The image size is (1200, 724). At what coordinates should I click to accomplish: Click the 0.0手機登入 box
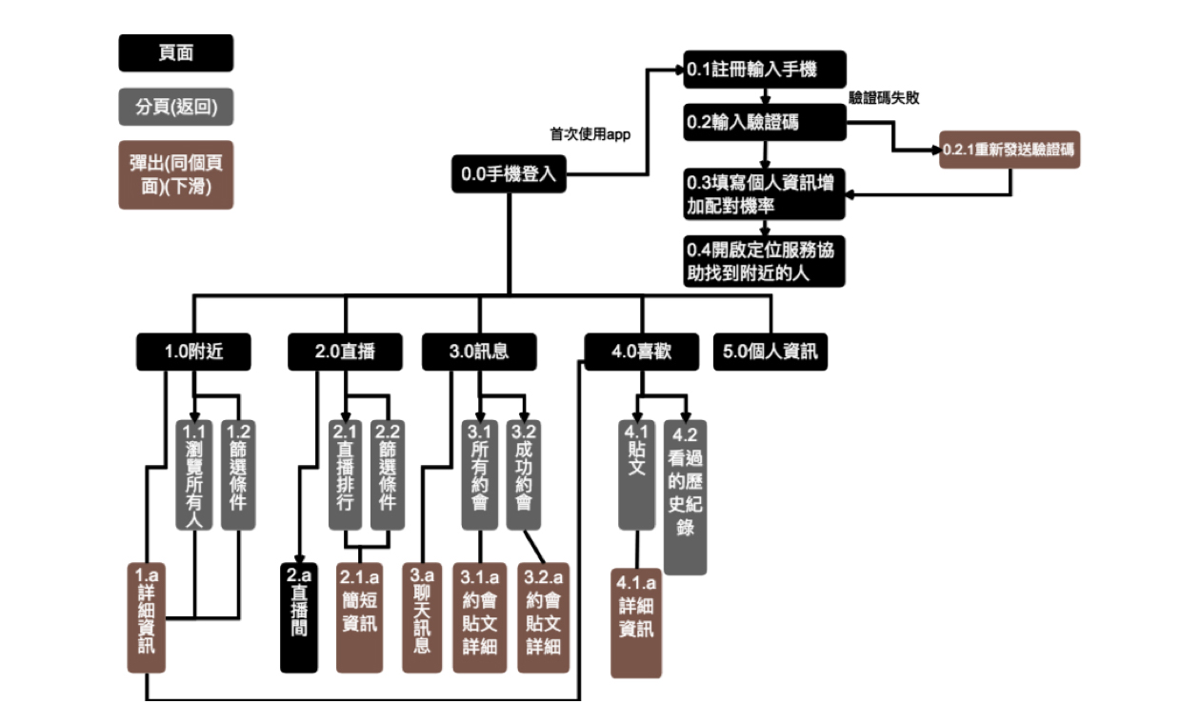[x=508, y=174]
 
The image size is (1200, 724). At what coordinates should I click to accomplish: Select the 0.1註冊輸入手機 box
[x=765, y=70]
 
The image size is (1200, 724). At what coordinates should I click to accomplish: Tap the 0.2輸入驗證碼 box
[x=765, y=122]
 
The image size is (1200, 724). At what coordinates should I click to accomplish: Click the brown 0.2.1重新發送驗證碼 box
[x=1010, y=150]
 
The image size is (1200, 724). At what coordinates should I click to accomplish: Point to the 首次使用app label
[x=590, y=134]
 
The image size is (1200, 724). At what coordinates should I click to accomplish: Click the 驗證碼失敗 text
[x=884, y=97]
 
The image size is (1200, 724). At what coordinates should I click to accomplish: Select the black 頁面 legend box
[x=175, y=53]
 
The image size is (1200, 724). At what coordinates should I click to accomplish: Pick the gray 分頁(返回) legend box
[x=175, y=107]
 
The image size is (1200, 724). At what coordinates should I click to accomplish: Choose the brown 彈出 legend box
[x=175, y=175]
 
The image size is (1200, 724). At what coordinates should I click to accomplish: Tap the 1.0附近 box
[x=194, y=352]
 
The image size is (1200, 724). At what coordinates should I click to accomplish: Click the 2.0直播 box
[x=345, y=352]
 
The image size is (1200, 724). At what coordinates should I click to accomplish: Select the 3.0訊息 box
[x=479, y=352]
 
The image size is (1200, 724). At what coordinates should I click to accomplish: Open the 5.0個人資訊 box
[x=770, y=352]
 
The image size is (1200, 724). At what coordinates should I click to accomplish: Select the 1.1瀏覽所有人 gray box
[x=194, y=473]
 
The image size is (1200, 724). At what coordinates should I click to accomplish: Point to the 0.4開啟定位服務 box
[x=765, y=261]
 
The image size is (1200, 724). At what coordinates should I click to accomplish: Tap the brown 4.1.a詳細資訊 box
[x=636, y=621]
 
